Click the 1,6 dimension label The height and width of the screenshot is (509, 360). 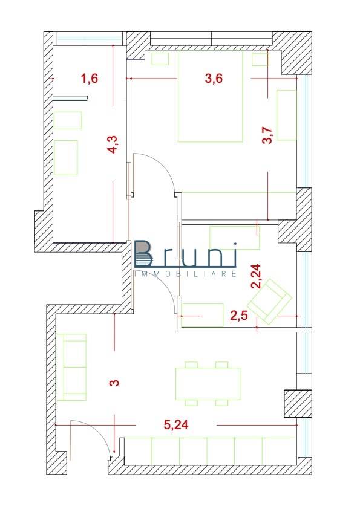click(x=89, y=78)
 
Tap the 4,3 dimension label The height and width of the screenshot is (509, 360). click(x=113, y=146)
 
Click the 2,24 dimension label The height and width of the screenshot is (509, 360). click(x=257, y=276)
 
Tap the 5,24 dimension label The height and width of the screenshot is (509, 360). click(x=177, y=425)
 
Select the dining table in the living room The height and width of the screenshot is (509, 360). click(x=207, y=383)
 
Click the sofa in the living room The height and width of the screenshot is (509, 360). click(x=72, y=367)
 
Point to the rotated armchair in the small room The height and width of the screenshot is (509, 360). click(x=270, y=298)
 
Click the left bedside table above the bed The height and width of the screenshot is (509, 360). click(x=160, y=59)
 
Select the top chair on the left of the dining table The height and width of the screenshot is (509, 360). click(x=192, y=364)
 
